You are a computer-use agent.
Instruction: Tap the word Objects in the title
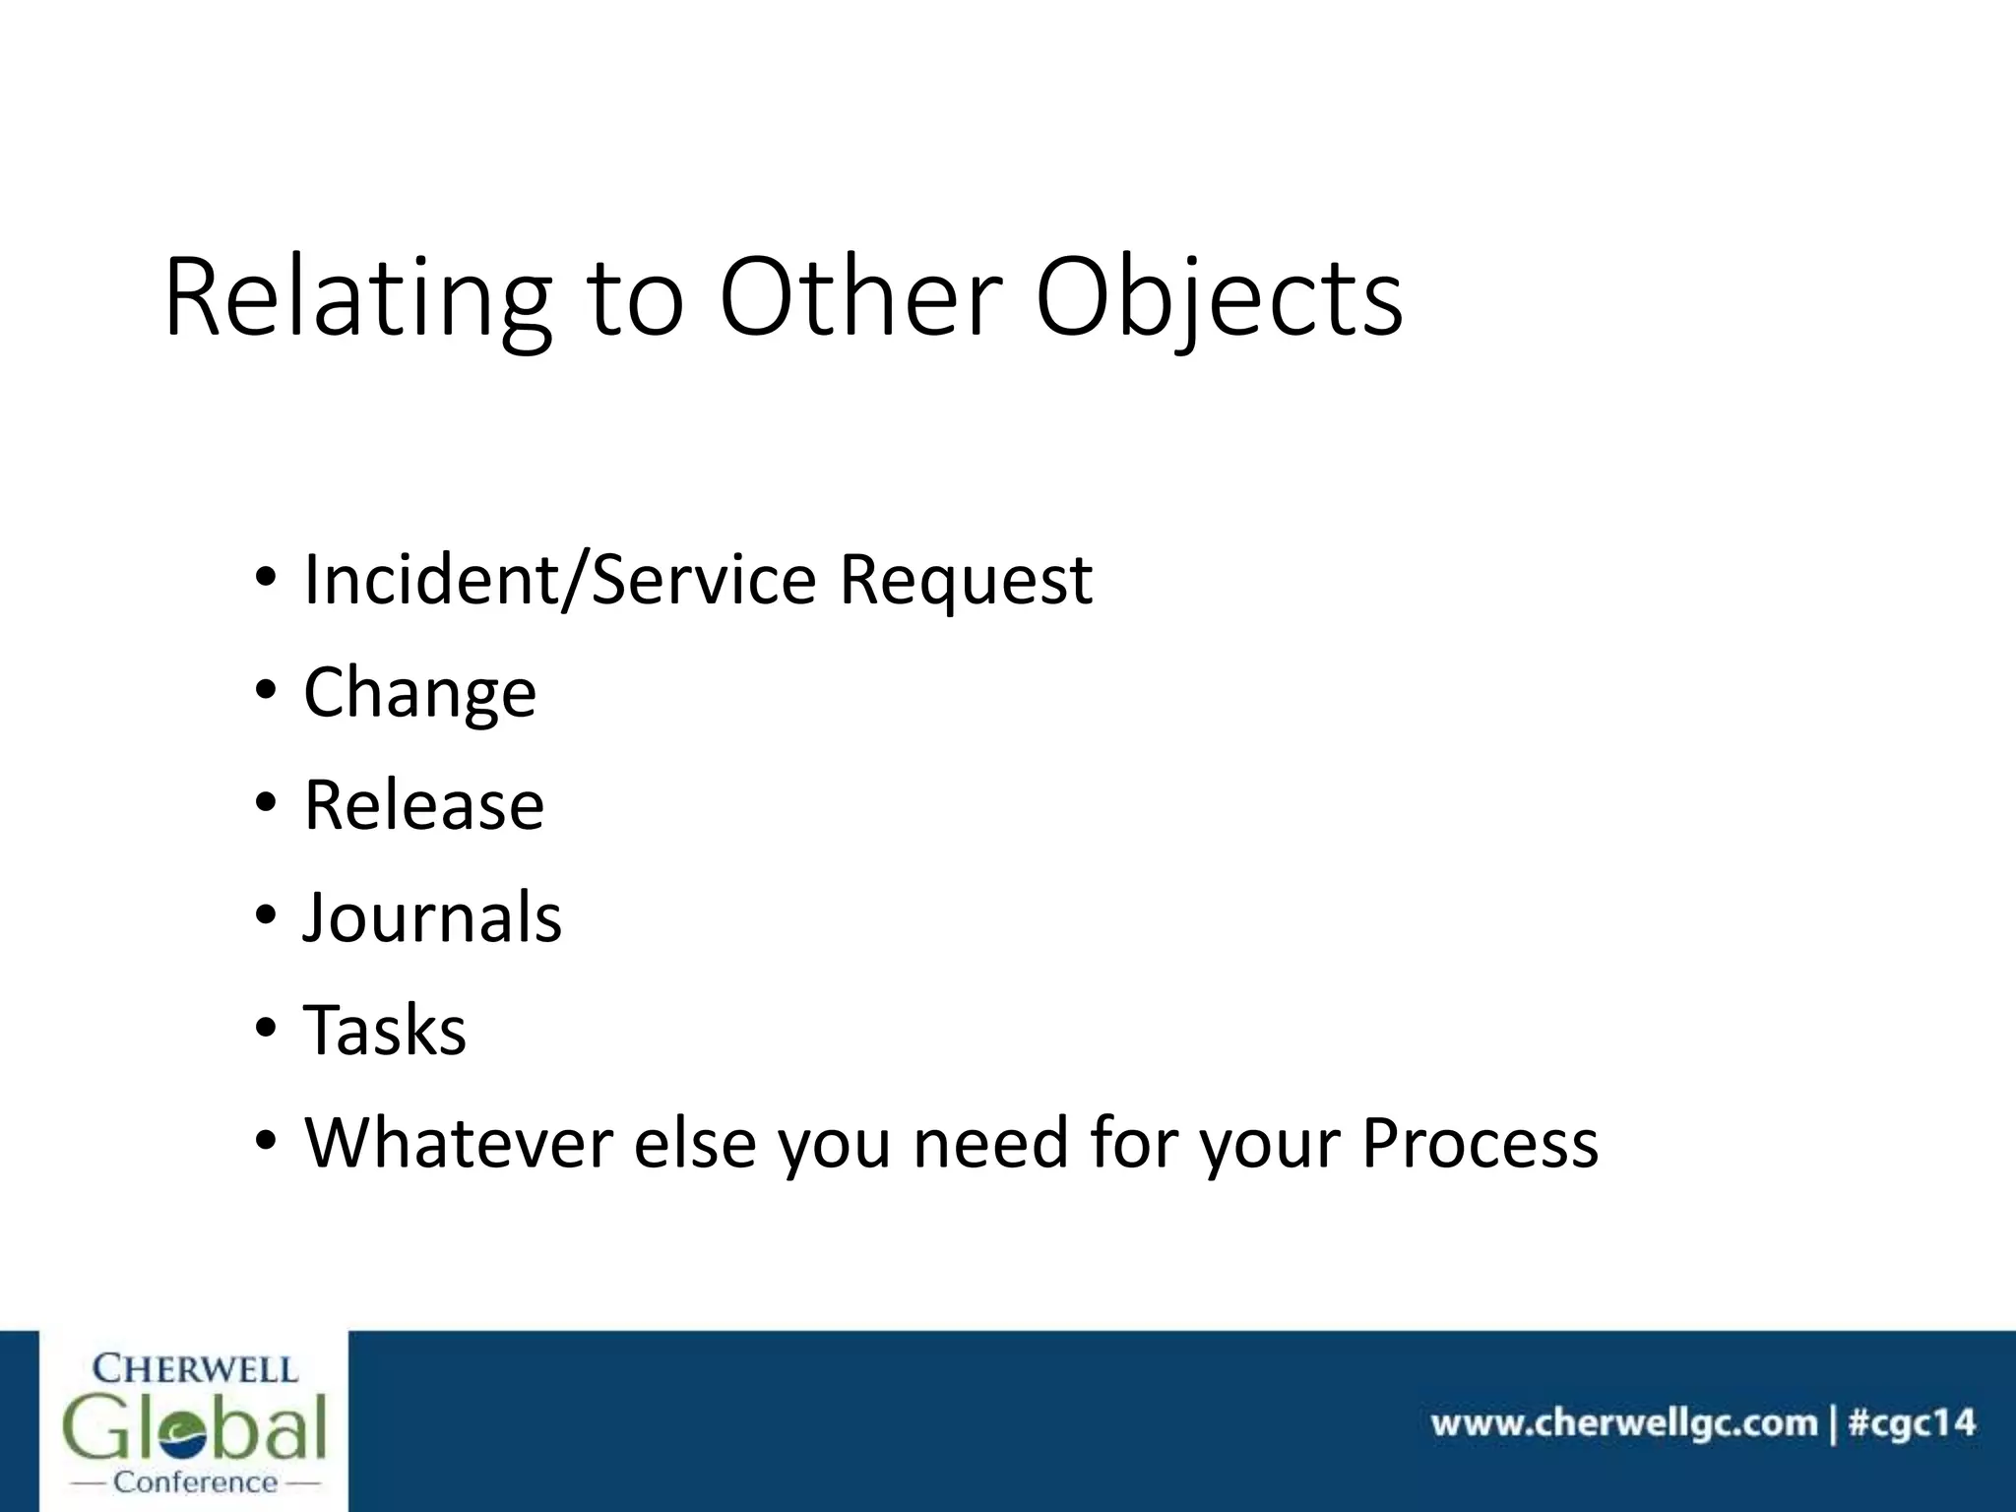click(x=1219, y=298)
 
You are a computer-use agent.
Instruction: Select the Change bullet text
click(x=419, y=693)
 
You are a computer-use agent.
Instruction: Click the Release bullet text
click(x=423, y=805)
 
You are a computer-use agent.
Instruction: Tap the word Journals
click(x=432, y=918)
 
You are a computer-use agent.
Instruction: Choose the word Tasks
click(x=385, y=1031)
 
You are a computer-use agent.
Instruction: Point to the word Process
click(x=1480, y=1143)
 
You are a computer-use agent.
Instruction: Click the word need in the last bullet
click(x=990, y=1143)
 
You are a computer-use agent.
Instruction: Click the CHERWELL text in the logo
click(x=195, y=1369)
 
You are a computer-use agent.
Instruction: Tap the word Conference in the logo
click(x=195, y=1482)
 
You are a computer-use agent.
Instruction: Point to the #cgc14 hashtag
click(x=1911, y=1423)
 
